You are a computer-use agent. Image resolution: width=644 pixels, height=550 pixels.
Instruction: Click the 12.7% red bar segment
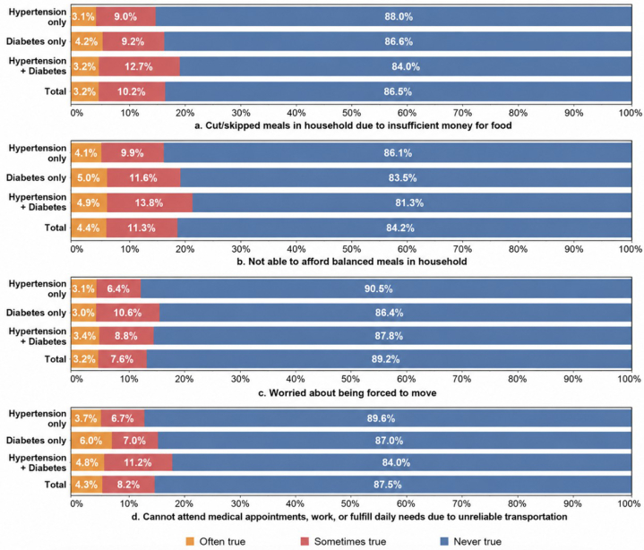139,66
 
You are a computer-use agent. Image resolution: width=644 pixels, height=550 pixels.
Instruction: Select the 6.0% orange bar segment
91,441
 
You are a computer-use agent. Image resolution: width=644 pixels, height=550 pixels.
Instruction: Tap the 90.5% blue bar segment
386,288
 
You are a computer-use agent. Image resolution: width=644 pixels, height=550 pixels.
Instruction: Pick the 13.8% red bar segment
150,203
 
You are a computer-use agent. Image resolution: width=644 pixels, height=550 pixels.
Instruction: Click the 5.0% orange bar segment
90,178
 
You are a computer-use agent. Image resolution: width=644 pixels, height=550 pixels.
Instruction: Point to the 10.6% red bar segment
128,313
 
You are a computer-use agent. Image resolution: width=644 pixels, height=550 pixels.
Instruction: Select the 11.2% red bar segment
138,462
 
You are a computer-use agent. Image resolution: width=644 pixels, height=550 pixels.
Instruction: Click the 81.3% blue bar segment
412,203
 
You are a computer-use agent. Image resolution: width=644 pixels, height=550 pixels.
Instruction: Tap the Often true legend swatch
190,541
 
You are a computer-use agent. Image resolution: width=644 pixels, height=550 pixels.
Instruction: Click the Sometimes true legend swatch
305,541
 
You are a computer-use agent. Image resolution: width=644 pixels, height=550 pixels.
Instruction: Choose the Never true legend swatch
444,541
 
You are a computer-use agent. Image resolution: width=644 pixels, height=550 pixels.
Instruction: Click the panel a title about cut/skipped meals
353,125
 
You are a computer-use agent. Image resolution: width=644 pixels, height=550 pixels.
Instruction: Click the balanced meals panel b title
352,262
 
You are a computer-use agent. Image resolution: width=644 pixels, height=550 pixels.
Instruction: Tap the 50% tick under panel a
352,113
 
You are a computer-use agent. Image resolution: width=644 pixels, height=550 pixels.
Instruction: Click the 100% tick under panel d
629,503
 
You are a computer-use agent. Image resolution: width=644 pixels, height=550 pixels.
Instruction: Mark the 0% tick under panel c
77,379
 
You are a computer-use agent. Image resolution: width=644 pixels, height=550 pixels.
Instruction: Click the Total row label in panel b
56,228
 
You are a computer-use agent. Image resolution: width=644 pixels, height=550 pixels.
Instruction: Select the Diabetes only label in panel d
36,441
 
